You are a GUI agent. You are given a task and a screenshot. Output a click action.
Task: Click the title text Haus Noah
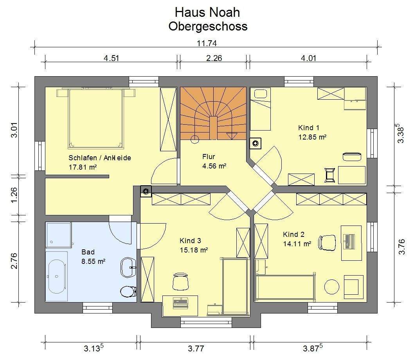point(207,13)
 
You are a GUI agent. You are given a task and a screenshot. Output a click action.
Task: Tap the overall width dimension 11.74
point(207,43)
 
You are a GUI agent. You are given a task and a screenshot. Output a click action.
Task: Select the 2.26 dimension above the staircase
point(214,58)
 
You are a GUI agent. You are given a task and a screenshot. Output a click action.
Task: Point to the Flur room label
point(209,157)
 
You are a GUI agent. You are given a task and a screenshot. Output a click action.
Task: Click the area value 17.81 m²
point(83,167)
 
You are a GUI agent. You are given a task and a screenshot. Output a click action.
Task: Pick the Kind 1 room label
point(309,128)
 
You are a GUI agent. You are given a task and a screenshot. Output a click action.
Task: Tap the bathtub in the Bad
point(56,276)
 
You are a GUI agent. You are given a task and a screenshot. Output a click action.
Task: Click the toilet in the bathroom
point(128,291)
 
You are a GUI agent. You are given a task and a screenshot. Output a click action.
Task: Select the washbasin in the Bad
point(128,267)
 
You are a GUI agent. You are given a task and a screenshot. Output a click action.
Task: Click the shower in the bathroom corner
point(59,235)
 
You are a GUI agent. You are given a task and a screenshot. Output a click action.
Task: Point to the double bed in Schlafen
point(96,118)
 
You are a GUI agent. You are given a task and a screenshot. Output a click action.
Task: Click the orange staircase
point(213,113)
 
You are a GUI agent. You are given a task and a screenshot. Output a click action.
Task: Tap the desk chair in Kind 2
point(327,242)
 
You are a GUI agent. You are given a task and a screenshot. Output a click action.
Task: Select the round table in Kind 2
point(331,287)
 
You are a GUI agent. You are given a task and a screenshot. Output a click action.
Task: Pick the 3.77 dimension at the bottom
point(196,348)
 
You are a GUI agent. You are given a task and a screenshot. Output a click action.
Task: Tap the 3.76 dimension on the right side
point(401,247)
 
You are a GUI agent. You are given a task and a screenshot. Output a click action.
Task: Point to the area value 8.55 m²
point(94,261)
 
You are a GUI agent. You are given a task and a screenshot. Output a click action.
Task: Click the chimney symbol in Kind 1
point(256,143)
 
